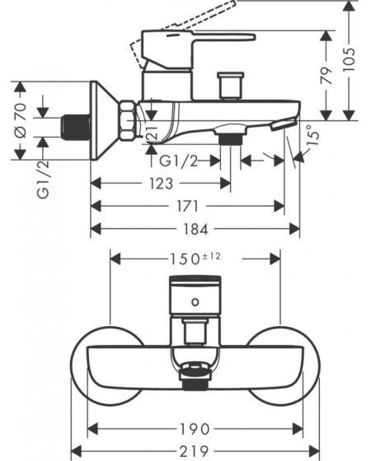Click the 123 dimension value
click(x=161, y=184)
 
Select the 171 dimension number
click(x=187, y=206)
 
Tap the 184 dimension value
click(x=196, y=229)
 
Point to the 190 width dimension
click(x=195, y=429)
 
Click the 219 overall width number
click(x=195, y=451)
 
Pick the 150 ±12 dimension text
click(x=195, y=258)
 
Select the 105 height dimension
click(x=350, y=59)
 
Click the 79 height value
click(x=326, y=76)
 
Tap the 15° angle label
click(x=313, y=135)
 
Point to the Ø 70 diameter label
click(x=21, y=120)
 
